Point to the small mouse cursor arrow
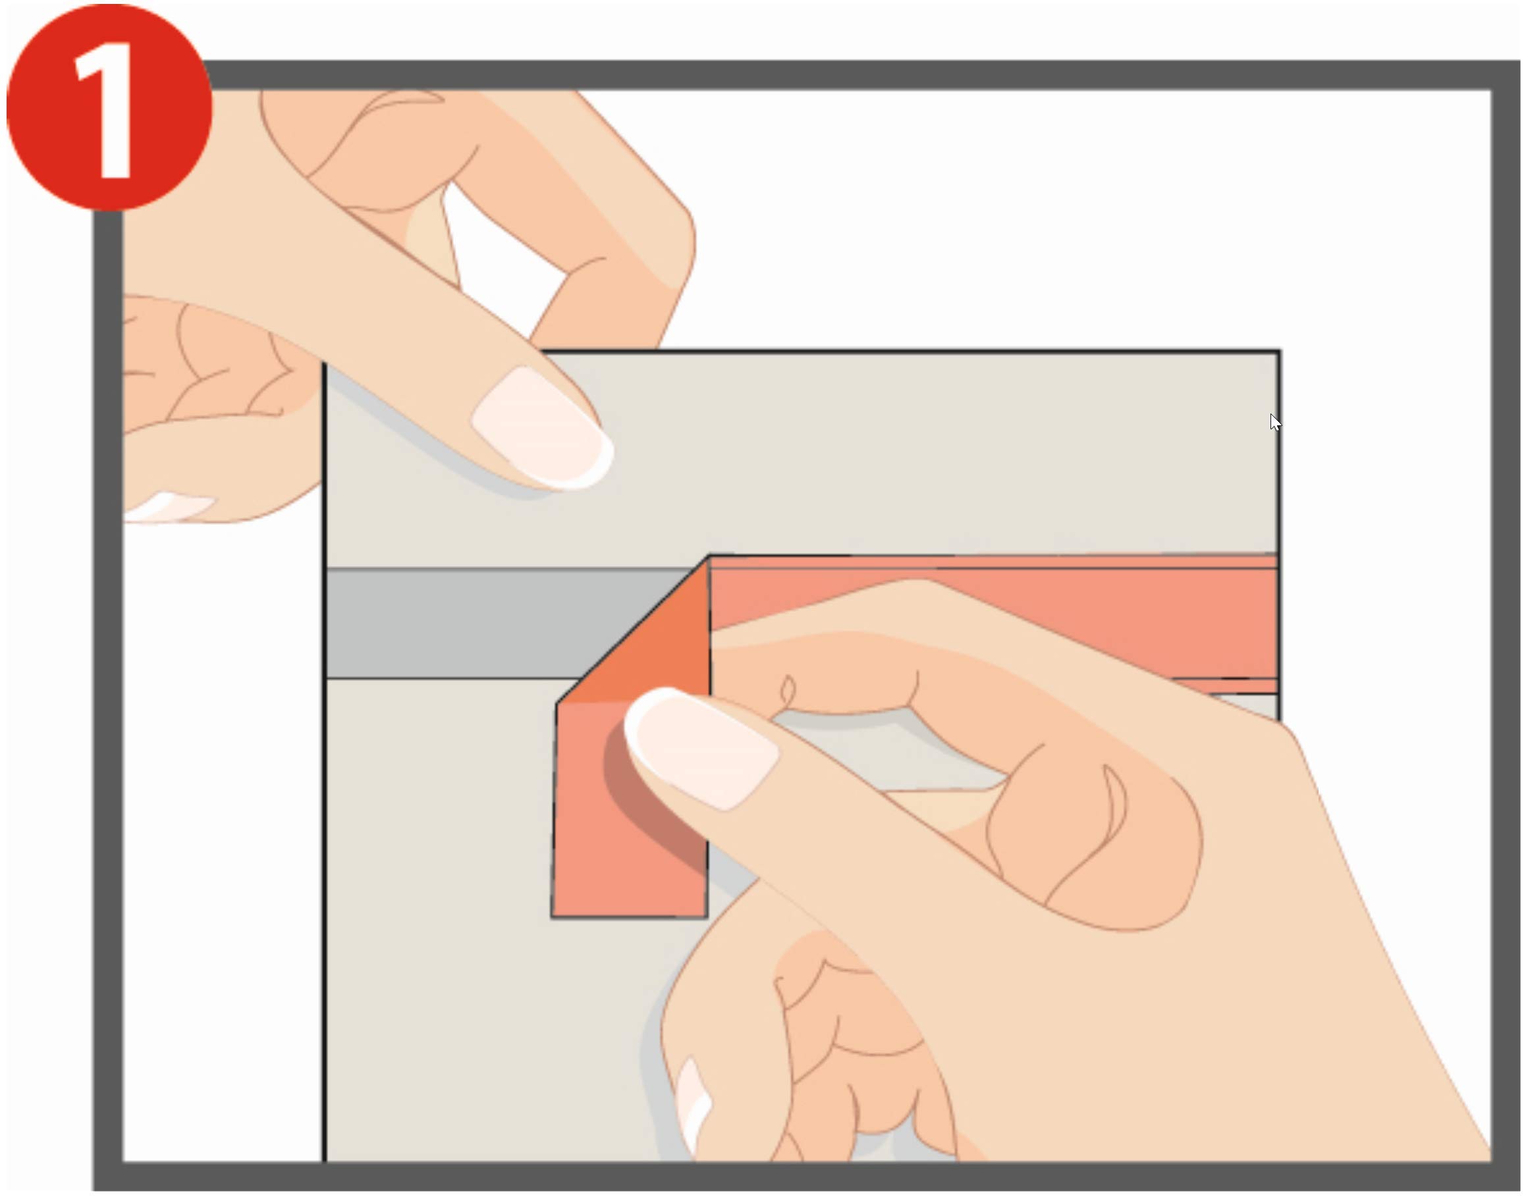pos(1275,423)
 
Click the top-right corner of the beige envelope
pos(1280,350)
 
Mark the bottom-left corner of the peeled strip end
pos(552,917)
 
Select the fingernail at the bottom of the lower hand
pos(692,1107)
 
